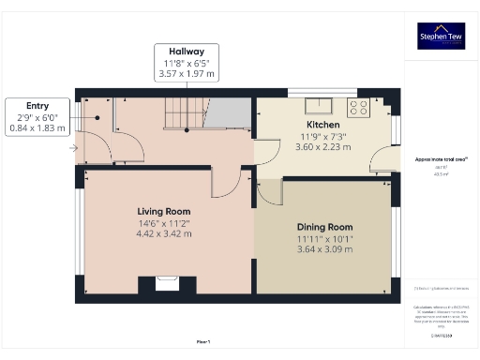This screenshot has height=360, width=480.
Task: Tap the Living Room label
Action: tap(164, 212)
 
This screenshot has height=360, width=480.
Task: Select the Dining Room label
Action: tap(324, 227)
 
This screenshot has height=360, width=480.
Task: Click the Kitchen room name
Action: tap(322, 125)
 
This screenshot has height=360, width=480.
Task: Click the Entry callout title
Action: tap(37, 106)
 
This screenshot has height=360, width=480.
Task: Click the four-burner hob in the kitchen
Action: tap(358, 106)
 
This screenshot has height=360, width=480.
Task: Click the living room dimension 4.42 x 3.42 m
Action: tap(164, 234)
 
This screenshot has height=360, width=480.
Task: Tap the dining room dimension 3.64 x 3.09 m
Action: tap(324, 249)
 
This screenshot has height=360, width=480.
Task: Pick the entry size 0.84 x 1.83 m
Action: tap(37, 127)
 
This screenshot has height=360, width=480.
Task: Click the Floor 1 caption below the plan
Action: tap(202, 342)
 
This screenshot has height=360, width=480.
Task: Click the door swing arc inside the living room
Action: tap(225, 184)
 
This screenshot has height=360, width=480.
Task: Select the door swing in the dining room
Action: tap(269, 191)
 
